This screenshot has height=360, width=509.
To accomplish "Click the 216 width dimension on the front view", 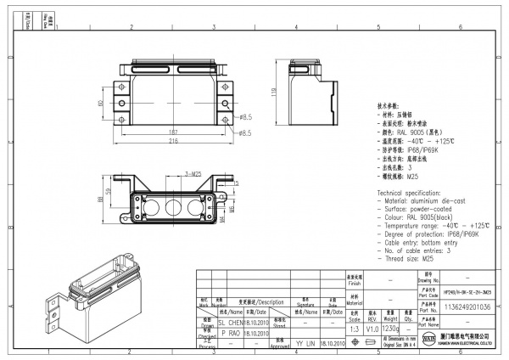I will [173, 141].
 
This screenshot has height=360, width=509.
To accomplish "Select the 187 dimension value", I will [173, 132].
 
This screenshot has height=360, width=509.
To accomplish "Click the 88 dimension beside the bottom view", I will [100, 201].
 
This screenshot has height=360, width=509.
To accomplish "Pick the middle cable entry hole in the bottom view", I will [172, 206].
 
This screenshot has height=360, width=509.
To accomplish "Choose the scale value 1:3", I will [354, 328].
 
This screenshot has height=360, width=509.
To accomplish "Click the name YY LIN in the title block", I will [305, 344].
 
